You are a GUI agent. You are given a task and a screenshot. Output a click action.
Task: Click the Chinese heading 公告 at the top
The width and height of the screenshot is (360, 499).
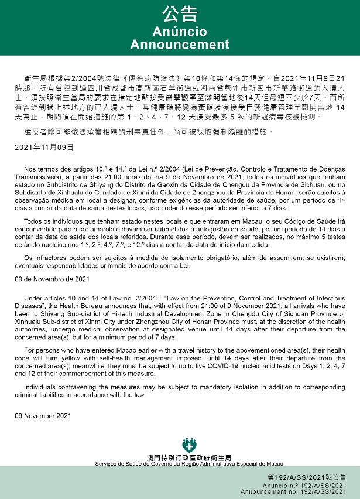point(179,13)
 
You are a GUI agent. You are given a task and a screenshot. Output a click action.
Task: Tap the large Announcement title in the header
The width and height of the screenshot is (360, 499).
point(179,45)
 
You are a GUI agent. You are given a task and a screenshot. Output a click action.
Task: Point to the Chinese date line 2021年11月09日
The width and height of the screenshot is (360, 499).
point(44,148)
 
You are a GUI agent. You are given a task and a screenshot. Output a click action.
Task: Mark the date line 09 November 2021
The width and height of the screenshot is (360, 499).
point(43,416)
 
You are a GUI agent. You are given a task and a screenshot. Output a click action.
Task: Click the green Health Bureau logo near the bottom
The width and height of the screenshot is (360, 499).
point(190,445)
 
